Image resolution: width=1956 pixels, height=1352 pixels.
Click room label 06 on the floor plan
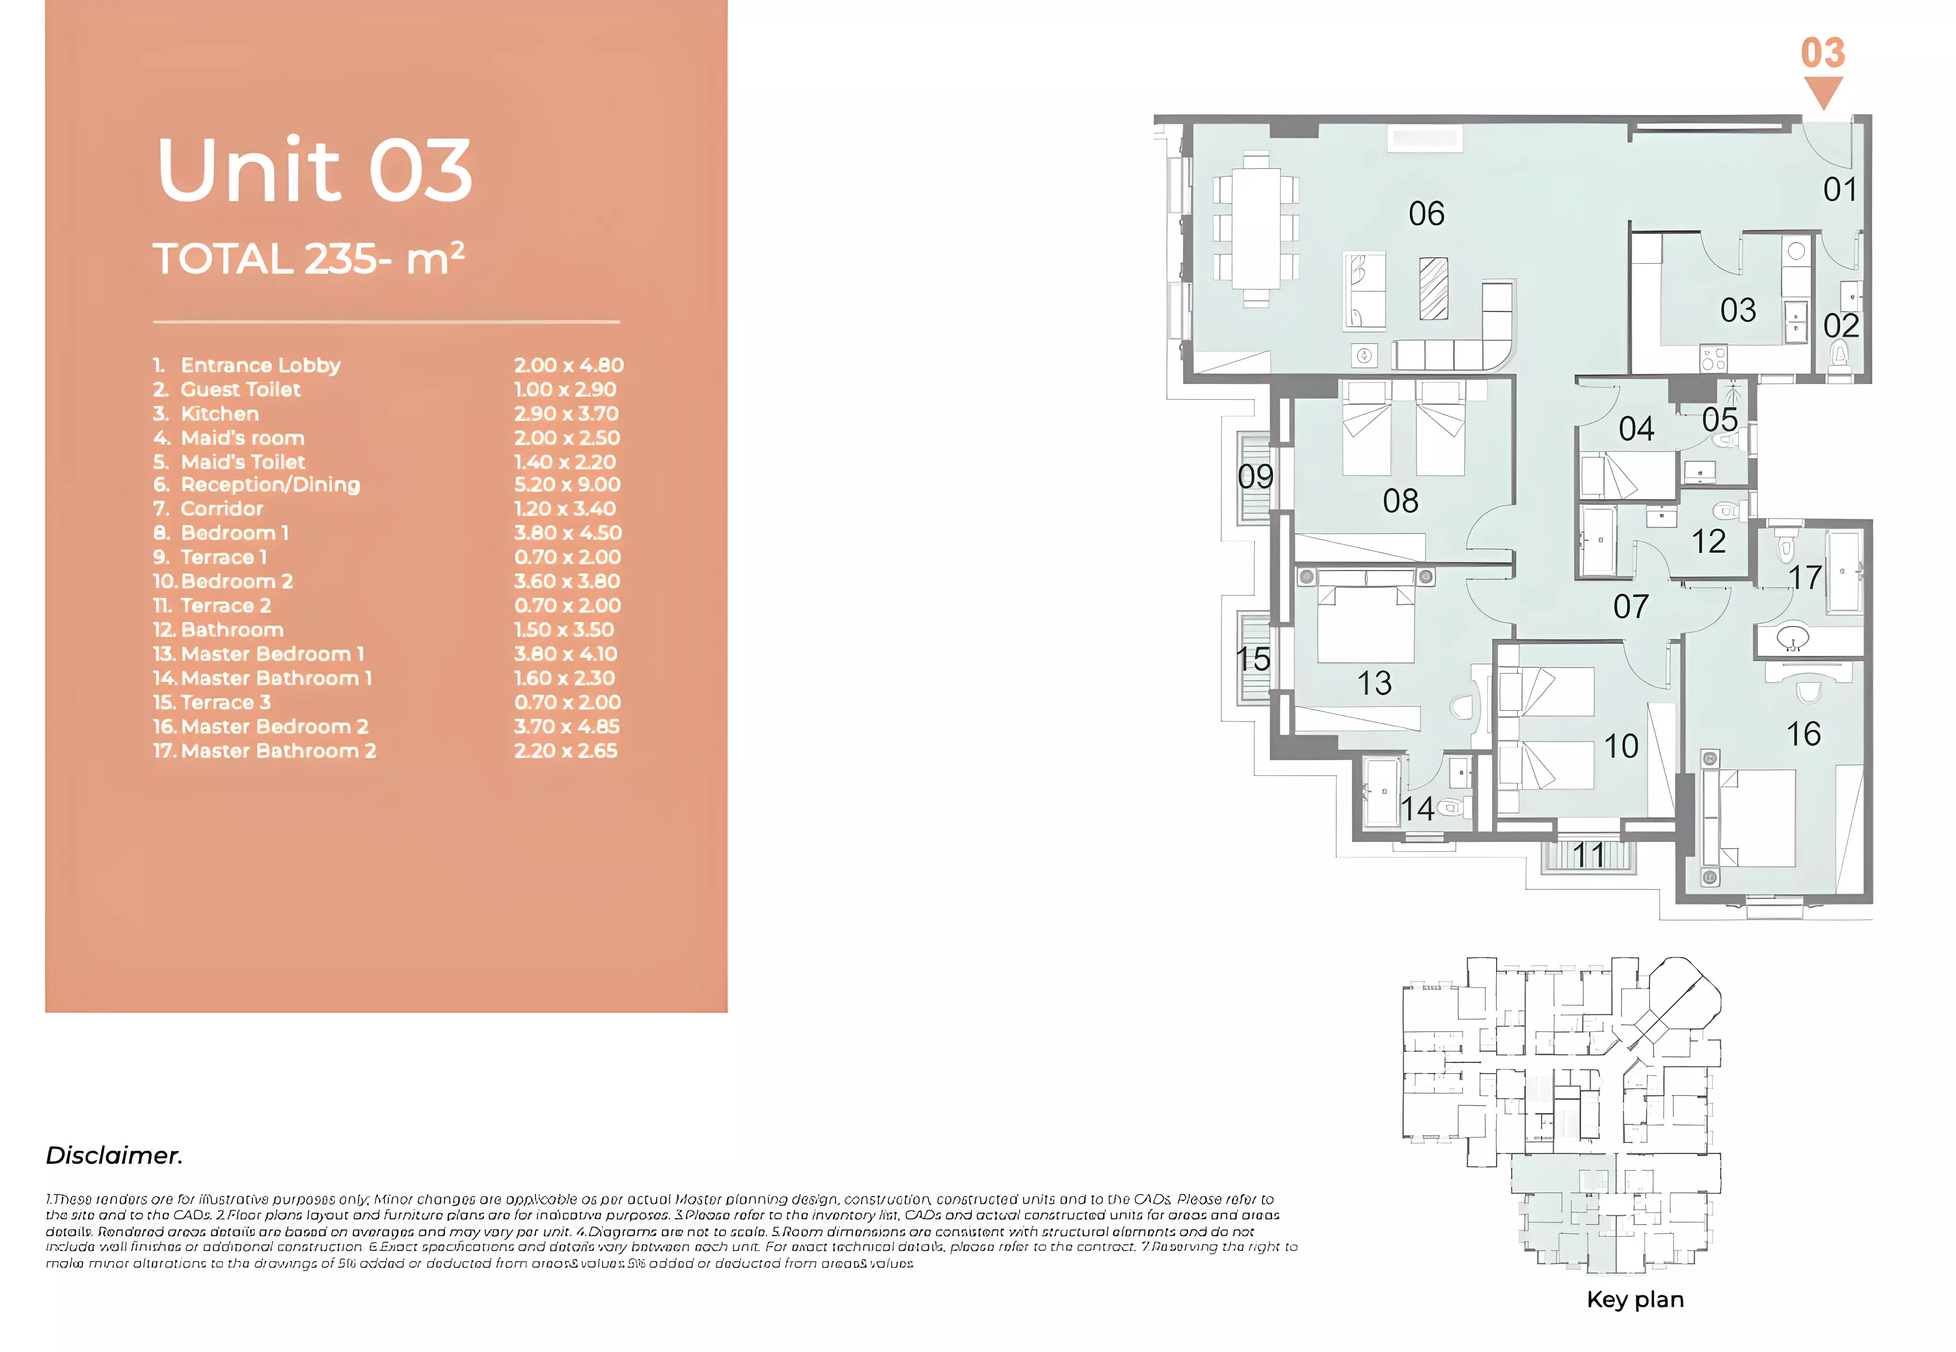[x=1426, y=214]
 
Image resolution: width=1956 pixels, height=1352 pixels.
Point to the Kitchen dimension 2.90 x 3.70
[x=566, y=413]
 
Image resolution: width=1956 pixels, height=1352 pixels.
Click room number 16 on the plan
[x=1803, y=734]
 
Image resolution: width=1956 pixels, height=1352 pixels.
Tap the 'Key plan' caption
[x=1635, y=1299]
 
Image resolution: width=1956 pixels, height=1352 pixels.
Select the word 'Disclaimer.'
[x=115, y=1156]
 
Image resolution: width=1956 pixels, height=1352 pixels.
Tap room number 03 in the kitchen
[x=1738, y=310]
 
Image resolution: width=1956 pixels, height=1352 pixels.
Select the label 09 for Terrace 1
[x=1255, y=477]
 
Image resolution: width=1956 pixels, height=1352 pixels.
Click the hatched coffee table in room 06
[x=1433, y=288]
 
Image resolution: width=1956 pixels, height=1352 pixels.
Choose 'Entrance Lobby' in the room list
[x=260, y=365]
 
